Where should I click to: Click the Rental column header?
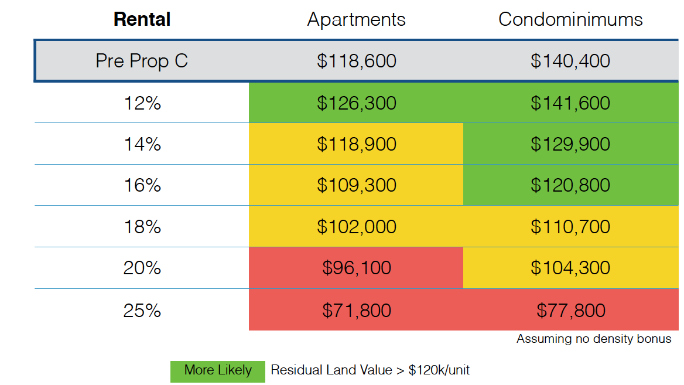tap(142, 19)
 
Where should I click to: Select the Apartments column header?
tap(356, 19)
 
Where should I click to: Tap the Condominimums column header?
tap(570, 19)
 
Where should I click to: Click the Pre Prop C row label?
tap(142, 61)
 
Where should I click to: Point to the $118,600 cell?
tap(356, 61)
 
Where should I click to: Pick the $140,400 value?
tap(570, 61)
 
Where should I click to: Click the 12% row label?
tap(142, 103)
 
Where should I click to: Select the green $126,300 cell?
tap(356, 103)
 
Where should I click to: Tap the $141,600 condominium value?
tap(570, 103)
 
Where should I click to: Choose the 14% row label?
tap(142, 144)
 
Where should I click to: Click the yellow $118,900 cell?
tap(356, 144)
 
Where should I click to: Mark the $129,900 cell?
tap(570, 144)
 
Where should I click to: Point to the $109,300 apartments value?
tap(356, 185)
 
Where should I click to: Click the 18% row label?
tap(142, 227)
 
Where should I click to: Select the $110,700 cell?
tap(570, 227)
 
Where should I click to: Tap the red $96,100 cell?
tap(356, 268)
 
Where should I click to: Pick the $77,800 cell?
tap(570, 310)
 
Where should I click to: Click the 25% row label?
tap(142, 310)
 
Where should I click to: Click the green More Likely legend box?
tap(217, 370)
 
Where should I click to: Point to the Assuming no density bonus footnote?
tap(593, 339)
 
